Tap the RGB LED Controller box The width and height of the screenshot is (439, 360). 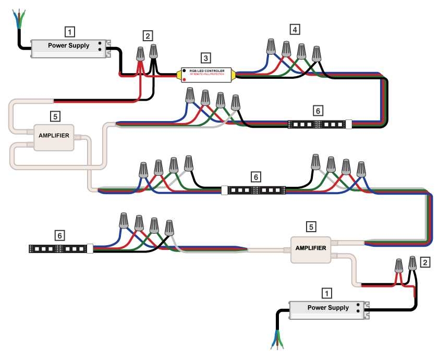coord(207,74)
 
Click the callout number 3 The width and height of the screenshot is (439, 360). coord(205,58)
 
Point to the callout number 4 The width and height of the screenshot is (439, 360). coord(295,30)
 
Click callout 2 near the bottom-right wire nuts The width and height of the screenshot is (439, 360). coord(425,262)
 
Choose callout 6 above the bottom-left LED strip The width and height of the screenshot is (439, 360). coord(60,235)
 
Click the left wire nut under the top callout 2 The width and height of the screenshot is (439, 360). coord(140,54)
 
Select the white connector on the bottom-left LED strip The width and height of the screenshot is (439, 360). coord(90,249)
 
